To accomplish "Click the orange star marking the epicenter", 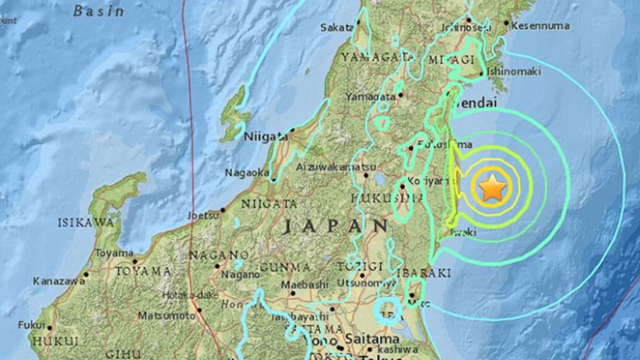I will [x=492, y=187].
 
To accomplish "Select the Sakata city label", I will [x=337, y=28].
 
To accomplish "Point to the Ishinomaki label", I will [x=513, y=71].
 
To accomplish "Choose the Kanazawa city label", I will [x=58, y=281].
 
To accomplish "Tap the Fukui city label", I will [x=31, y=325].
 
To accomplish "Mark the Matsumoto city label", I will [x=166, y=316].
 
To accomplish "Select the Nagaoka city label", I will [x=247, y=172].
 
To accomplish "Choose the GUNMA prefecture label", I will [x=291, y=267].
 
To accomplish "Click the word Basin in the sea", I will [x=98, y=11].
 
